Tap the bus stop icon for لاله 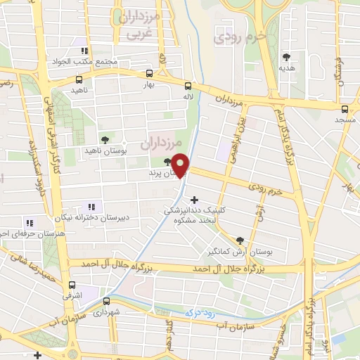coord(188,84)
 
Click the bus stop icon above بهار coord(149,73)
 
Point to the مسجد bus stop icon coord(345,109)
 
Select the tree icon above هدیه coord(286,57)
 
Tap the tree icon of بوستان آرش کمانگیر coord(240,240)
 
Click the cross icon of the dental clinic coord(195,199)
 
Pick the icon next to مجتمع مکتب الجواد coord(85,51)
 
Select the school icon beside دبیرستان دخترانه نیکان coord(96,206)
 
